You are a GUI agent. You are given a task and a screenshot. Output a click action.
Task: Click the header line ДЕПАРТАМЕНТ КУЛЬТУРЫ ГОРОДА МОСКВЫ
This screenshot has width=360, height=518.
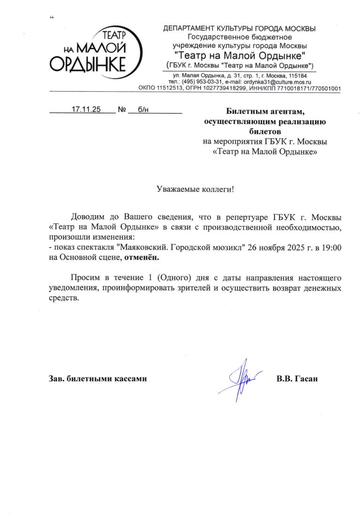coord(239,29)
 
